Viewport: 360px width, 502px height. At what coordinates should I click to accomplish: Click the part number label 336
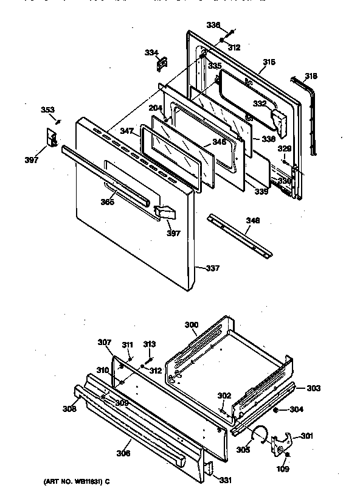point(213,25)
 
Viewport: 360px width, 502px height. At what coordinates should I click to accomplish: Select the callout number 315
point(269,62)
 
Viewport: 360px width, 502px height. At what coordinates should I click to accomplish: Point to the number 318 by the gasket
point(311,76)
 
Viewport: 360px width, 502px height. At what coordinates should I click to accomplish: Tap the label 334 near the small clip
point(151,52)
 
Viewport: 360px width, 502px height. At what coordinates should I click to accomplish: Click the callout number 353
point(47,110)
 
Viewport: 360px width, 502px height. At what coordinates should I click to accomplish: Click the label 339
point(261,192)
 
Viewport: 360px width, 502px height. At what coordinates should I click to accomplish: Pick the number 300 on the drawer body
point(191,326)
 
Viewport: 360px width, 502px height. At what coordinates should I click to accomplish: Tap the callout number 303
point(313,388)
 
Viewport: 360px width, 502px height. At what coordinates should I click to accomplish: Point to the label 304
point(296,410)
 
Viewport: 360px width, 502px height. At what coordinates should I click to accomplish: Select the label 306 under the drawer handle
point(123,453)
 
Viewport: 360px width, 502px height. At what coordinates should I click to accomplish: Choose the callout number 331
point(226,480)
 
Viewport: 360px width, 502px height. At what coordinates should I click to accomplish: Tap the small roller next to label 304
point(276,410)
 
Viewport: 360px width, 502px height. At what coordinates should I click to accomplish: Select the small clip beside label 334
point(163,61)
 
